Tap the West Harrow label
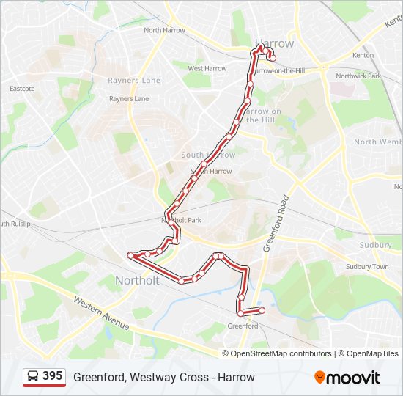tap(207, 68)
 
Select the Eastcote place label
tap(22, 89)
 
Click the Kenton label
tap(363, 55)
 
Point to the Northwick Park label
tap(358, 76)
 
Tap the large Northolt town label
tap(137, 280)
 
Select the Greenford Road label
tap(276, 224)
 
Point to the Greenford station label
tap(243, 326)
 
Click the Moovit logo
tap(347, 378)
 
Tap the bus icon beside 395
tap(33, 377)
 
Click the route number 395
tap(52, 376)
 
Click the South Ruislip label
tap(15, 223)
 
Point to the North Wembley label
tap(377, 142)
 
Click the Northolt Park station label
tap(181, 220)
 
